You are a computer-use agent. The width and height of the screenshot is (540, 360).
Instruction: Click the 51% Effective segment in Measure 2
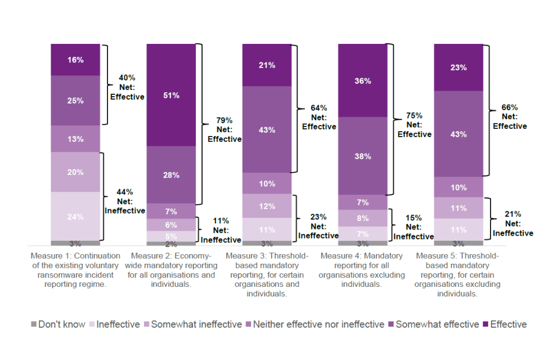click(x=172, y=95)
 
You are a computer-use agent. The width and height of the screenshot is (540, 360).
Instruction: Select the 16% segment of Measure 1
click(x=75, y=60)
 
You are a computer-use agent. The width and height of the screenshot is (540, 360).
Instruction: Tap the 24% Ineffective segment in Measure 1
click(x=75, y=217)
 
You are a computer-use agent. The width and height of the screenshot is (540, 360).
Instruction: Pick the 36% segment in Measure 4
click(x=363, y=80)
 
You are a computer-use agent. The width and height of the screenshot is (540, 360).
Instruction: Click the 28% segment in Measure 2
click(x=172, y=175)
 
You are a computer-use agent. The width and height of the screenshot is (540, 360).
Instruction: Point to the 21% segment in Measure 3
click(x=267, y=65)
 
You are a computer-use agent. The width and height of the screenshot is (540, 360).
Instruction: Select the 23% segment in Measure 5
click(x=458, y=67)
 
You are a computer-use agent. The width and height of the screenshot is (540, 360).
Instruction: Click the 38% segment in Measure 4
click(x=363, y=156)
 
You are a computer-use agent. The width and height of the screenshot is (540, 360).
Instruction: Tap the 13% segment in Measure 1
click(x=75, y=139)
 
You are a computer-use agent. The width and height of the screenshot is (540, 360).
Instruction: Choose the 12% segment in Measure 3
click(x=267, y=206)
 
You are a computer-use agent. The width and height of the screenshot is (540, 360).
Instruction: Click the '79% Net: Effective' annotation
click(x=224, y=129)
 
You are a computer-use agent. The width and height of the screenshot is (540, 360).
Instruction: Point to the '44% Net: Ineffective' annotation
click(x=124, y=201)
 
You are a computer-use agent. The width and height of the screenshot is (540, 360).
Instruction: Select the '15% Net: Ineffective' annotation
click(x=414, y=227)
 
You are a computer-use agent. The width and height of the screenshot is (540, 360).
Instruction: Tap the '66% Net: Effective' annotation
click(x=510, y=116)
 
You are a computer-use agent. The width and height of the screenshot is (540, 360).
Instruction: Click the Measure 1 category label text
click(x=75, y=270)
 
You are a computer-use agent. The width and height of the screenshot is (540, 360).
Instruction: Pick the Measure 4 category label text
click(x=363, y=270)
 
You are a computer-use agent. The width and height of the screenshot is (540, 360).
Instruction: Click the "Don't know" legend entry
click(x=58, y=325)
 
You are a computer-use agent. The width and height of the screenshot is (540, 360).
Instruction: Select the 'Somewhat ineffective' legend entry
click(x=193, y=325)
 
